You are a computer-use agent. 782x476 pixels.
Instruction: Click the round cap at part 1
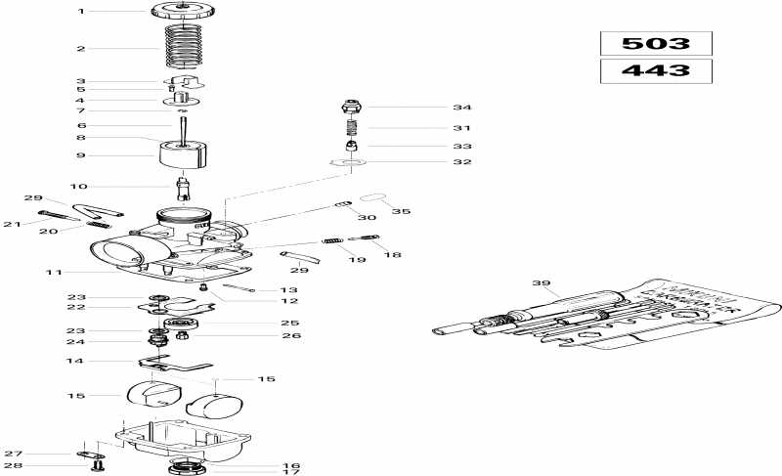(182, 12)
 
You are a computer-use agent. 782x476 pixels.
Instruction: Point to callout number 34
(434, 108)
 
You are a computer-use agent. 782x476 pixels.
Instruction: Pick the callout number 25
(289, 323)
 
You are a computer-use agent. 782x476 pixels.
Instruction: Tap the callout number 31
(434, 128)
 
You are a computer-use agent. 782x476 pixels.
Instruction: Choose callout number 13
(289, 290)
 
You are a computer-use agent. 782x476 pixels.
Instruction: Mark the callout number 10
(81, 186)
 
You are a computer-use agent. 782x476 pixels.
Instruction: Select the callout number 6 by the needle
(81, 126)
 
